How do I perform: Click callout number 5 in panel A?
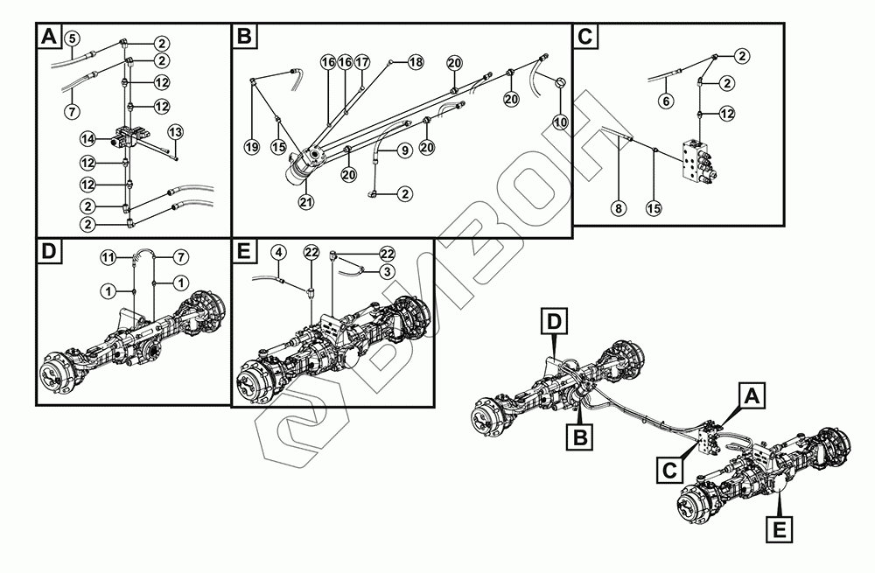(x=73, y=38)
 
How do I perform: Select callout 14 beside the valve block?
(x=88, y=138)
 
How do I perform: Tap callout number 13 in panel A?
(x=175, y=132)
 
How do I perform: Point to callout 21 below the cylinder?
(x=305, y=202)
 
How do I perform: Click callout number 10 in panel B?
(x=561, y=121)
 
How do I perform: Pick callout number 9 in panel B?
(x=405, y=150)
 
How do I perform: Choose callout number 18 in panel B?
(x=416, y=61)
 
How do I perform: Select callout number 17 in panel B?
(x=362, y=61)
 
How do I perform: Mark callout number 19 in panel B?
(x=252, y=147)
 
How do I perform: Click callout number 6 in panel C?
(x=666, y=101)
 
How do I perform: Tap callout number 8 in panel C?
(x=619, y=209)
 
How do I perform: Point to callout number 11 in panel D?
(x=108, y=257)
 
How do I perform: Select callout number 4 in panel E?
(x=279, y=252)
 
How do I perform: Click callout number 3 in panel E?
(x=387, y=271)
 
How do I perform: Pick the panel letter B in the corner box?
(x=244, y=36)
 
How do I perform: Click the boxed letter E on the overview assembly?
(x=779, y=528)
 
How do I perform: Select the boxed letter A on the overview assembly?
(x=751, y=396)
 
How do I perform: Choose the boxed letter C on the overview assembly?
(x=669, y=471)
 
